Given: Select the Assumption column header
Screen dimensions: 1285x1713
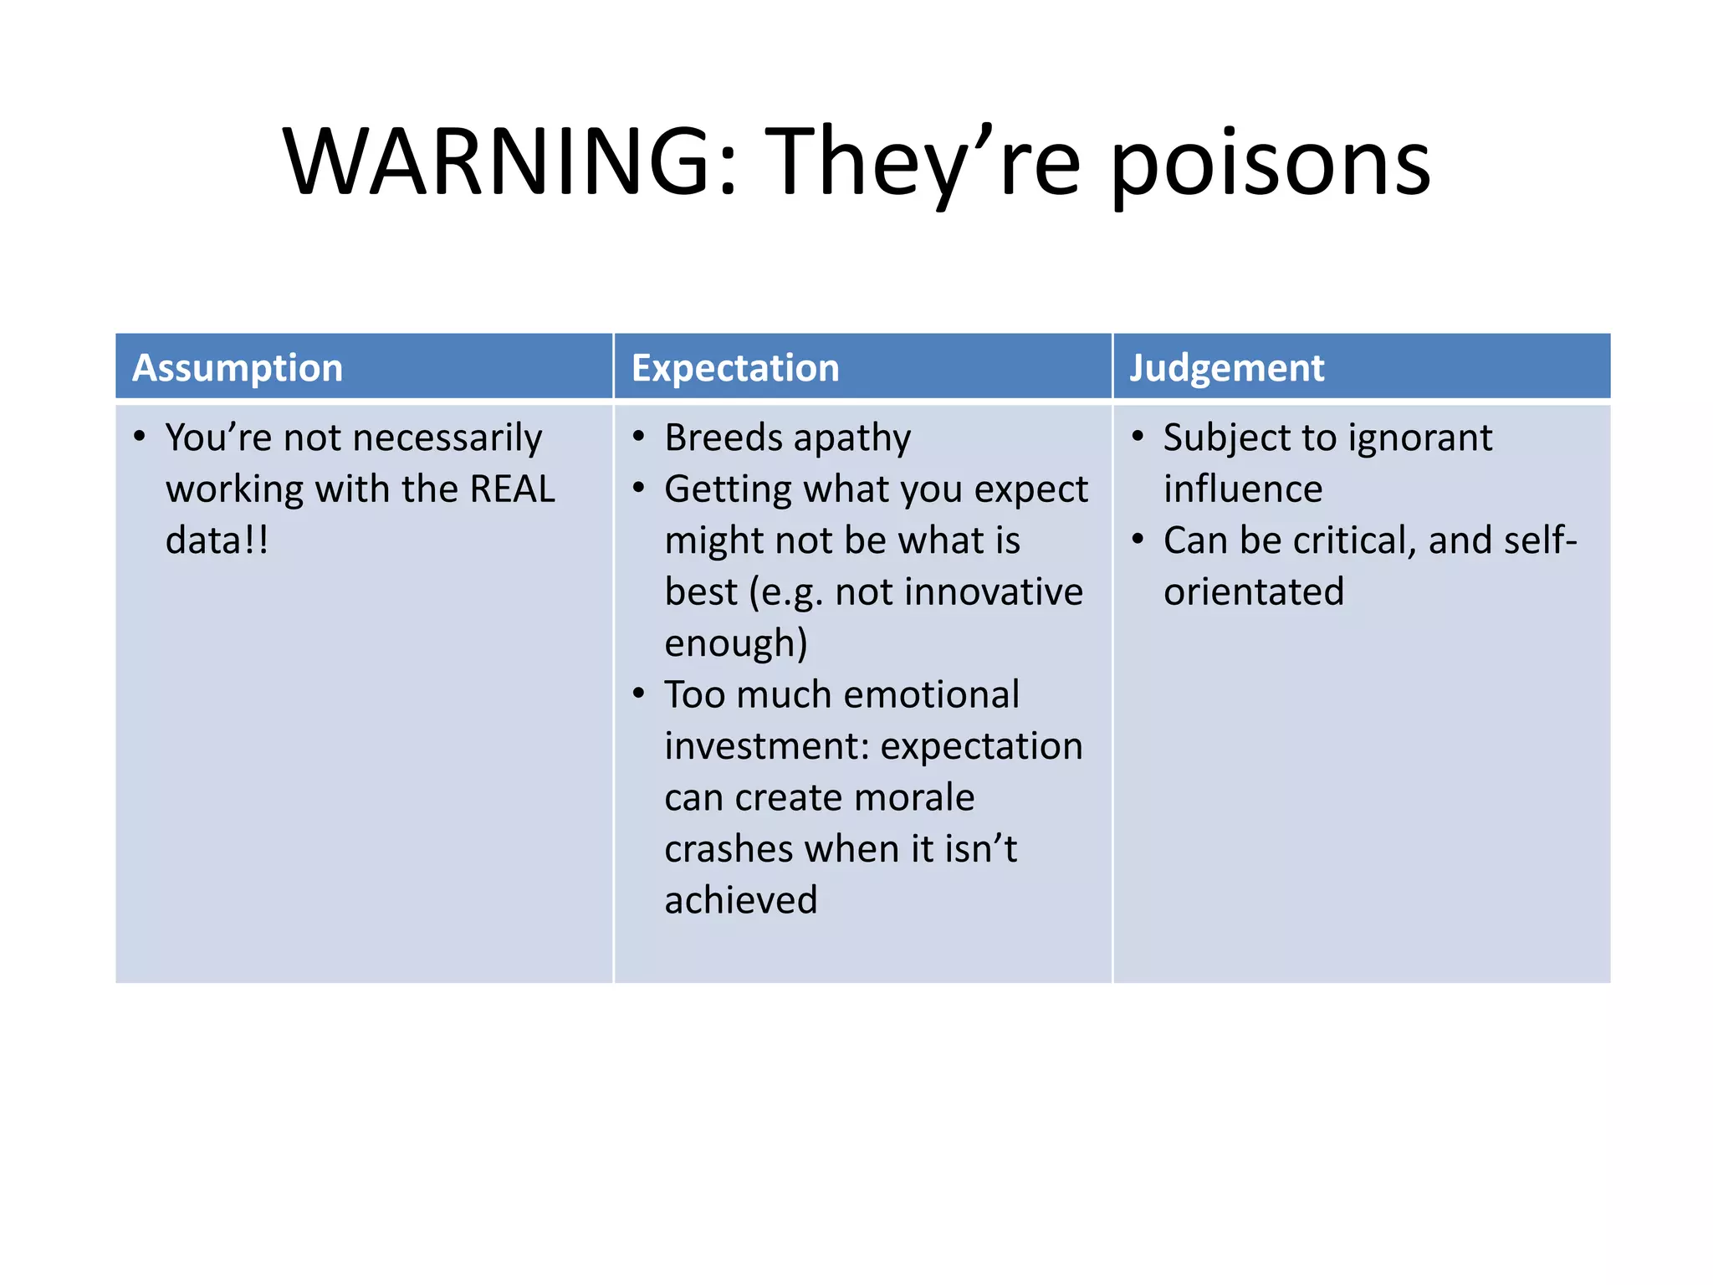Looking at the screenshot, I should pos(238,368).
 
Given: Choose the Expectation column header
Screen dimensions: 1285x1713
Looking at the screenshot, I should pos(735,368).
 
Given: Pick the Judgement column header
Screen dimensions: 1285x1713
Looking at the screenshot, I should pos(1227,368).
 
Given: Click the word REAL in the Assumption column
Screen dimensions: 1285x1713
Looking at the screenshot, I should pos(512,489).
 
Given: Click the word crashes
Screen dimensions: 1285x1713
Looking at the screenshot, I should pos(728,849).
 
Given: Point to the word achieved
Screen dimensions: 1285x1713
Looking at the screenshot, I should pos(740,900).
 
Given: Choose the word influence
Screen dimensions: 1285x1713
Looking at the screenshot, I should pos(1243,489).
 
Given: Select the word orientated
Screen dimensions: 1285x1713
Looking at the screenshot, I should pos(1254,592).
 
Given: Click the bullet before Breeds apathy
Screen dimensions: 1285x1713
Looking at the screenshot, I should pos(639,437).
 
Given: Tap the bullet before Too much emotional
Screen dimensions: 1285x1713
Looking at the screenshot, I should pos(639,694).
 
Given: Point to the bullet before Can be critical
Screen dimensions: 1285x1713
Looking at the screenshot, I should pos(1138,540).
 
